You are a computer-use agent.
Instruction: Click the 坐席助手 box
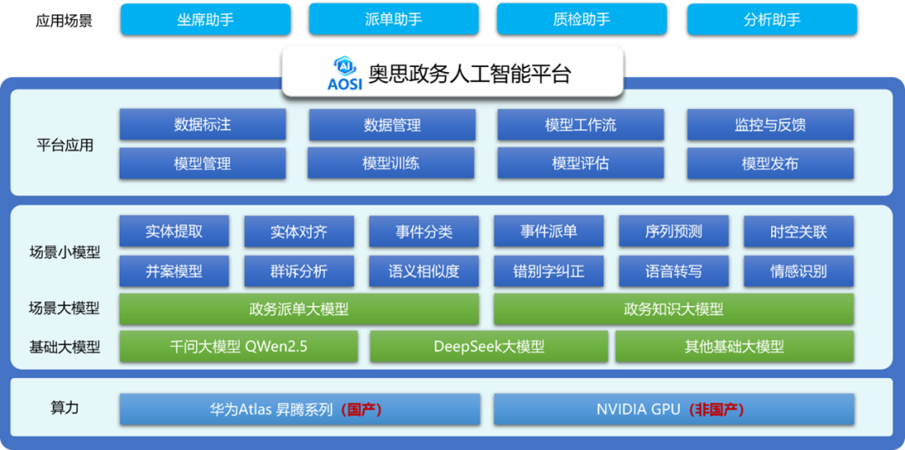pyautogui.click(x=205, y=19)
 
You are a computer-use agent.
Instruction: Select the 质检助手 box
pyautogui.click(x=582, y=19)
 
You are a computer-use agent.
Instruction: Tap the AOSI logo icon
pyautogui.click(x=344, y=74)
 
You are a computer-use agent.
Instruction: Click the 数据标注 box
pyautogui.click(x=203, y=125)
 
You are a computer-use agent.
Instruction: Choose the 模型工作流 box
pyautogui.click(x=581, y=125)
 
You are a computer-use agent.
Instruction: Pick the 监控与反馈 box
pyautogui.click(x=771, y=125)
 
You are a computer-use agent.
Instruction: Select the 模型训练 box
pyautogui.click(x=390, y=163)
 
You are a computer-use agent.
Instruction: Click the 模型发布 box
pyautogui.click(x=771, y=163)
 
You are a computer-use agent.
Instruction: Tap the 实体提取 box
pyautogui.click(x=174, y=231)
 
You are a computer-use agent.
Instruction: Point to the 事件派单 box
pyautogui.click(x=549, y=231)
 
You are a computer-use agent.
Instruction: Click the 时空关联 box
pyautogui.click(x=799, y=231)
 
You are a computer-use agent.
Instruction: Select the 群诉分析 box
pyautogui.click(x=299, y=272)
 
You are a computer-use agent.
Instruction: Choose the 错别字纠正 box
pyautogui.click(x=549, y=272)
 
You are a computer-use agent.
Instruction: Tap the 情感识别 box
pyautogui.click(x=799, y=272)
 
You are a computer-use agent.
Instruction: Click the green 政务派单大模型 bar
pyautogui.click(x=299, y=309)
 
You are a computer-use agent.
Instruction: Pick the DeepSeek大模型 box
pyautogui.click(x=489, y=347)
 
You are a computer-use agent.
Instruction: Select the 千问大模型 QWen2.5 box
pyautogui.click(x=238, y=347)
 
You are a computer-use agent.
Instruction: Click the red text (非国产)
pyautogui.click(x=716, y=410)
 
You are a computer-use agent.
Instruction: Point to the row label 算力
pyautogui.click(x=65, y=408)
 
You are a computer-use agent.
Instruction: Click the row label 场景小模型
pyautogui.click(x=65, y=252)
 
